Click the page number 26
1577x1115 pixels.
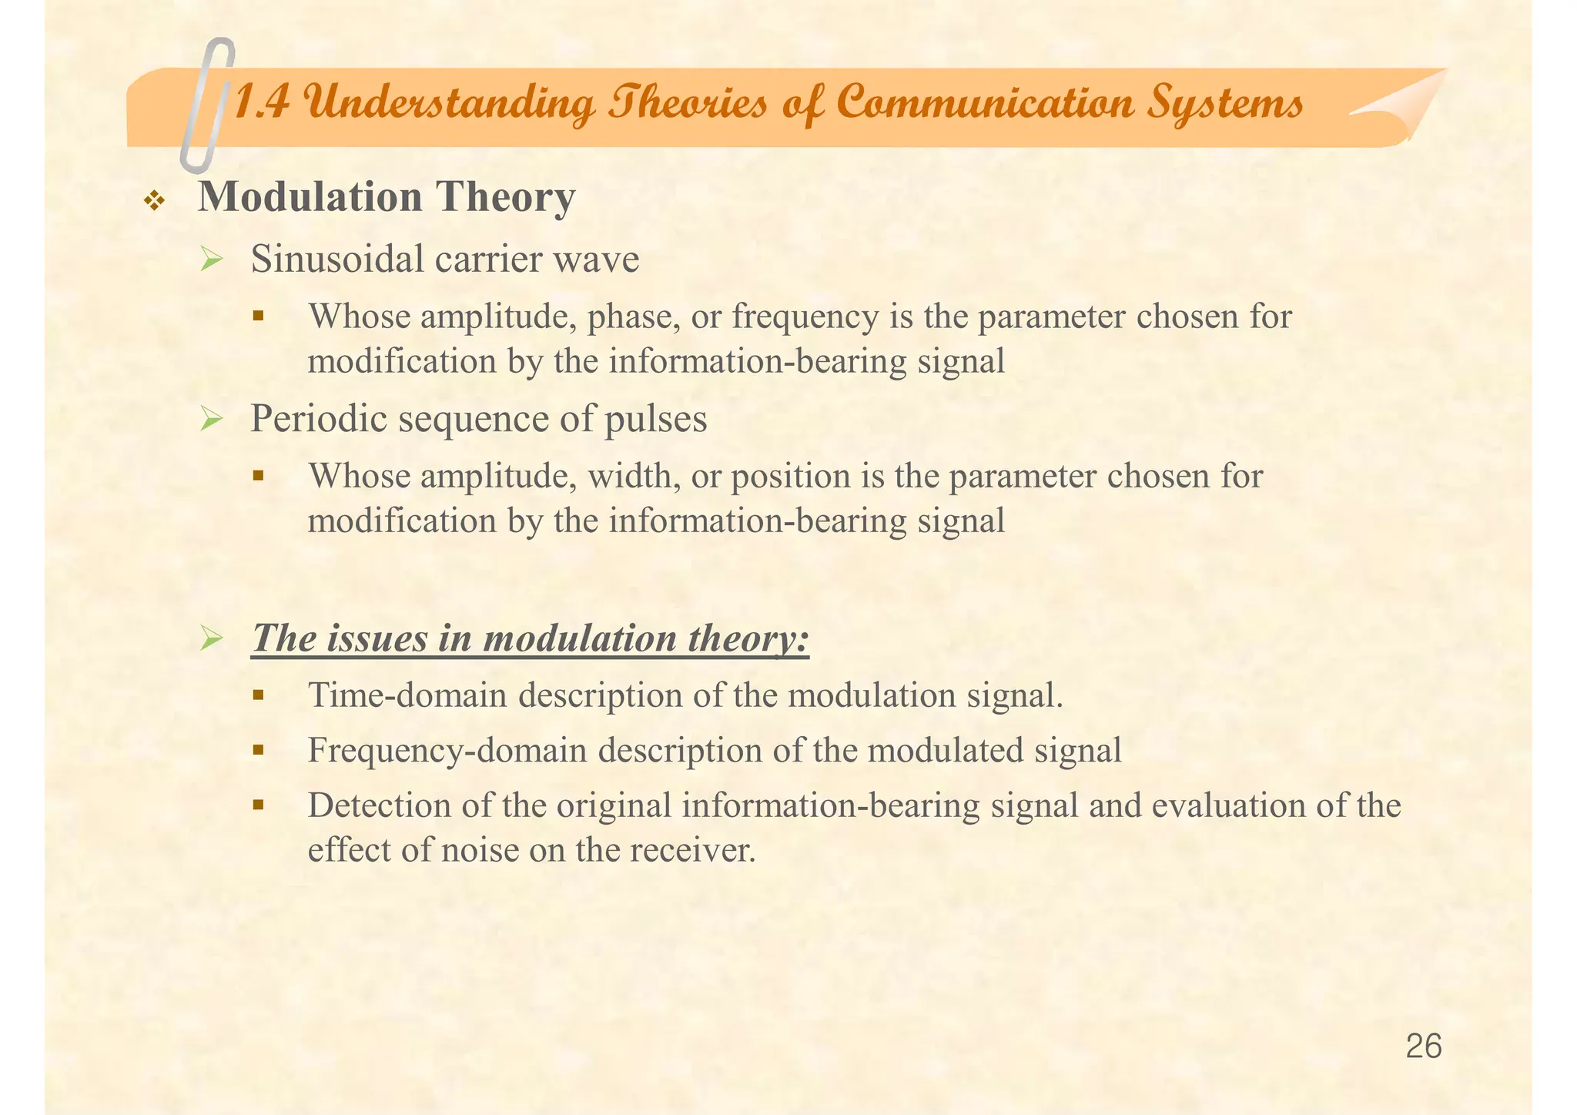(1423, 1047)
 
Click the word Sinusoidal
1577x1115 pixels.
(339, 259)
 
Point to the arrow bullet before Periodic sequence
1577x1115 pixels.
(211, 421)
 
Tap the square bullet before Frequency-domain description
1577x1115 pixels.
(259, 749)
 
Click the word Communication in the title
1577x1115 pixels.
(985, 103)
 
